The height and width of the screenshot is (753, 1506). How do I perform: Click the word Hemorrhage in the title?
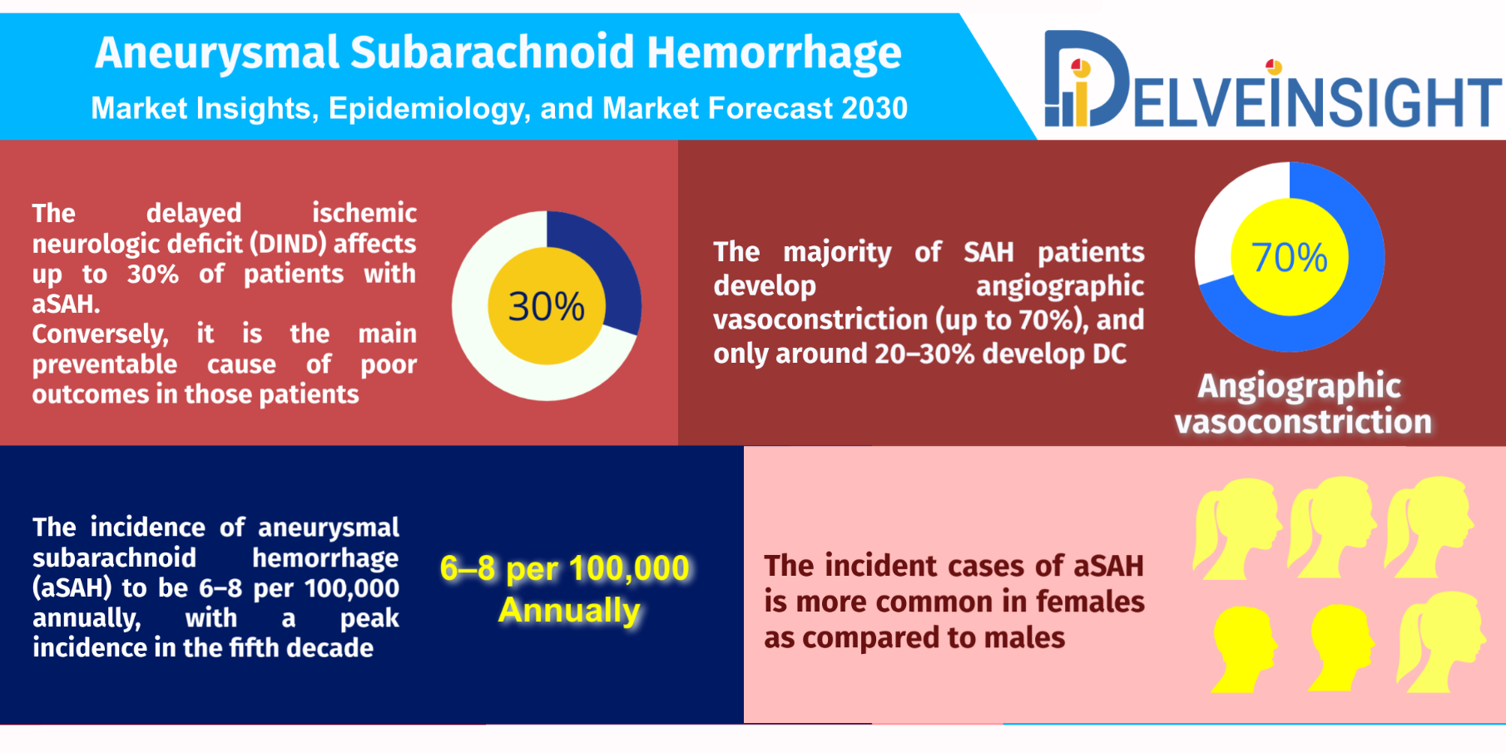tap(774, 53)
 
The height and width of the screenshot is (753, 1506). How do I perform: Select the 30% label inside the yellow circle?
tap(547, 306)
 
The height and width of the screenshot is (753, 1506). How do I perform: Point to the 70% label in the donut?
tap(1290, 257)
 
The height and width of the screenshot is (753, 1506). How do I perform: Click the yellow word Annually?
tap(570, 610)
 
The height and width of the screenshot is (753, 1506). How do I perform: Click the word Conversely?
tap(100, 334)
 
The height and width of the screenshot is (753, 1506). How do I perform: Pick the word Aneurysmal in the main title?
tap(216, 53)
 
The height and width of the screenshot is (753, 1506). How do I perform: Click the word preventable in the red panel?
tap(105, 364)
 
